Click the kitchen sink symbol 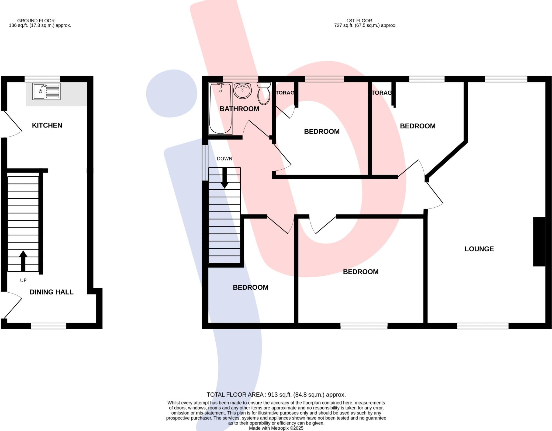[46, 91]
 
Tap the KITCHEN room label [47, 125]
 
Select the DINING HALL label [51, 292]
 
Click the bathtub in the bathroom [220, 108]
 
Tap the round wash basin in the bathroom [243, 91]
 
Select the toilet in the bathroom [264, 94]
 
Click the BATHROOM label [239, 109]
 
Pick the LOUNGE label [479, 249]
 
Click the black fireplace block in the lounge [539, 242]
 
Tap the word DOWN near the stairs [225, 159]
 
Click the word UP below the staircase [23, 280]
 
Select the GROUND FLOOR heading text [36, 20]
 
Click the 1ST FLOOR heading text [359, 20]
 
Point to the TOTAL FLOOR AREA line [276, 395]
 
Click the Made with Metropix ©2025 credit [276, 428]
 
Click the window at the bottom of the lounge [482, 326]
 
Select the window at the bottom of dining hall [49, 326]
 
